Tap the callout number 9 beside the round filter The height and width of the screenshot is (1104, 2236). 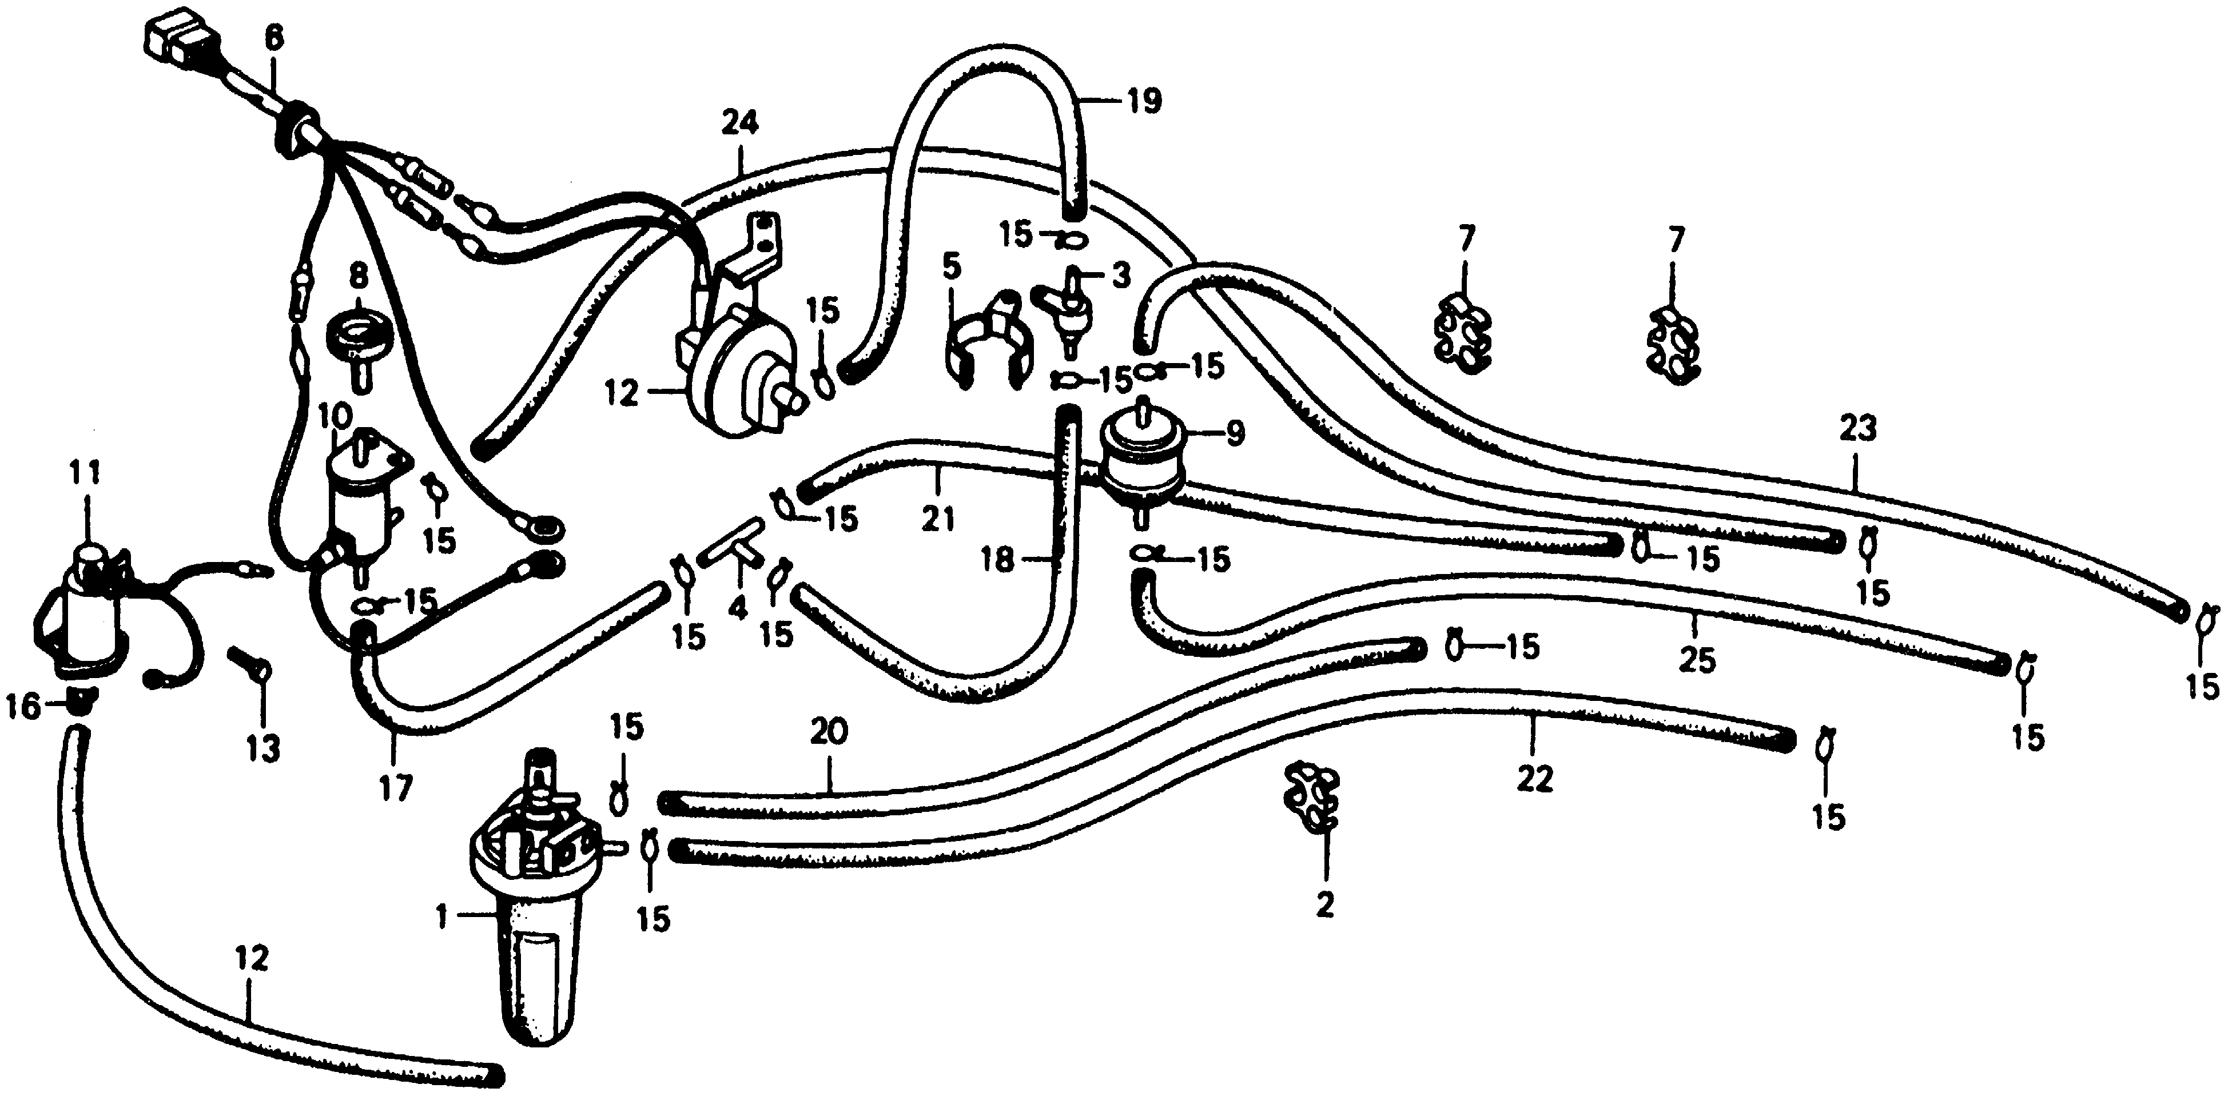1234,432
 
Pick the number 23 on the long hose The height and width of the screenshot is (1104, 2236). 1857,428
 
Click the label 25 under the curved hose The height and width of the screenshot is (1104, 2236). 1697,660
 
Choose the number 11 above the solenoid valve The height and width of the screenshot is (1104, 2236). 85,473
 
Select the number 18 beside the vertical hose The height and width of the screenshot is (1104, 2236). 998,561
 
